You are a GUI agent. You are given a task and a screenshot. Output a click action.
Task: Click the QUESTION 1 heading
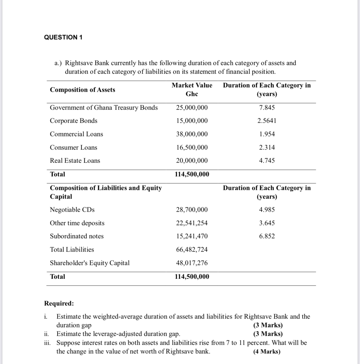[63, 37]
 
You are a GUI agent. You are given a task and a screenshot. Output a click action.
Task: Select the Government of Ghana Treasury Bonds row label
[104, 108]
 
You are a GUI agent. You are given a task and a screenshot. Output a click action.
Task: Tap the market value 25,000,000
[192, 108]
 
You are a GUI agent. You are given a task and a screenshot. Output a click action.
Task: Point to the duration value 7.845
[267, 108]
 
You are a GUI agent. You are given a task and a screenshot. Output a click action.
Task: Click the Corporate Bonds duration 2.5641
[267, 121]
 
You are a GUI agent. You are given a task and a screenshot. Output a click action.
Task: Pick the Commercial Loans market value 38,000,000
[192, 134]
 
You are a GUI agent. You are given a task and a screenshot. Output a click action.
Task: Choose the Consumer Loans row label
[73, 148]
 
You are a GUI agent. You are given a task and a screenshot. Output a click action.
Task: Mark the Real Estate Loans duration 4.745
[267, 161]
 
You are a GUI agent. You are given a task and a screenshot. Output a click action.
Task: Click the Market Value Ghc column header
[192, 90]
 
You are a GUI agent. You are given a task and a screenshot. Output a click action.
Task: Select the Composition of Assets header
[82, 90]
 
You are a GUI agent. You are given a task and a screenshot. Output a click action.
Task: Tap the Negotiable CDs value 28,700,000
[192, 210]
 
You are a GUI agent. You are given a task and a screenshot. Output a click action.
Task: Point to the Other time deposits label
[77, 223]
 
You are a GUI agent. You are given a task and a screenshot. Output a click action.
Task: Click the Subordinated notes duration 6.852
[267, 236]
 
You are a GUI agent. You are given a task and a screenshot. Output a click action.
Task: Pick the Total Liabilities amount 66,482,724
[192, 250]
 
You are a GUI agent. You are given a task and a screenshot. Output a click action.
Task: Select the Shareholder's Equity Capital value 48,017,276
[192, 263]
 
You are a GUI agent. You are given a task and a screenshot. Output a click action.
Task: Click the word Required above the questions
[59, 303]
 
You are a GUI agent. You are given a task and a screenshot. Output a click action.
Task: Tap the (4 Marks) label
[267, 351]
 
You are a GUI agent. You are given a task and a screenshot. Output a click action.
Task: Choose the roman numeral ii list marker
[47, 334]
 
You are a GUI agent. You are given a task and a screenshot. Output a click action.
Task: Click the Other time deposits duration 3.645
[267, 223]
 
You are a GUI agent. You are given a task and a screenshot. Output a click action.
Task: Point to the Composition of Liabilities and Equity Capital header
[106, 192]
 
